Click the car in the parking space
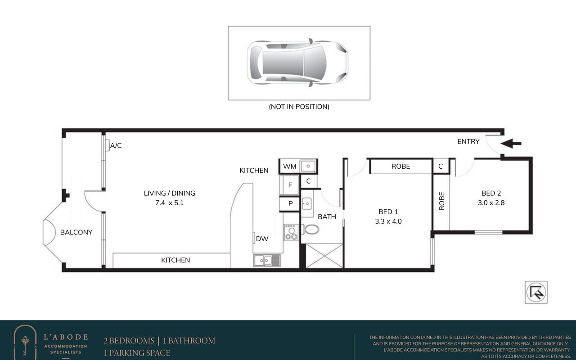coord(297,63)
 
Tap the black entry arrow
coord(511,144)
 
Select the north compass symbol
coord(536,292)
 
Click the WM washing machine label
coord(289,166)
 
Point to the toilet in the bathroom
coord(310,229)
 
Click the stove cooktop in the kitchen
coord(291,232)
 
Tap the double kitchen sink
coord(267,261)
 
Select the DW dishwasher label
coord(262,239)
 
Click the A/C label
coord(116,146)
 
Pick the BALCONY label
coord(76,233)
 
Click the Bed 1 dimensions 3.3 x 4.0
coord(388,221)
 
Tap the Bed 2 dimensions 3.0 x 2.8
coord(491,203)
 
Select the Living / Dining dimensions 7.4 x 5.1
coord(170,203)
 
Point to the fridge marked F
coord(289,185)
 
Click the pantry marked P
coord(290,204)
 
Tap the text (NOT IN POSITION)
coord(299,107)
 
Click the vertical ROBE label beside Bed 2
coord(441,201)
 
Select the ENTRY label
coord(468,141)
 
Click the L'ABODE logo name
coord(66,337)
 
